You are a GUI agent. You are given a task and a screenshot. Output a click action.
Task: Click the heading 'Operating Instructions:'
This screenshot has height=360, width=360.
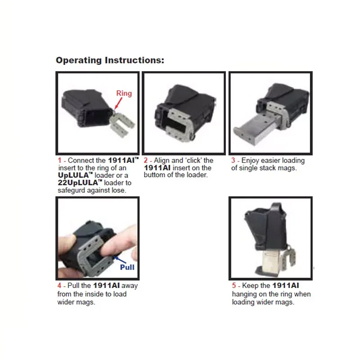click(110, 60)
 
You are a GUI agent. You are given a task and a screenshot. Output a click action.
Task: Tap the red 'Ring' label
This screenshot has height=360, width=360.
click(124, 93)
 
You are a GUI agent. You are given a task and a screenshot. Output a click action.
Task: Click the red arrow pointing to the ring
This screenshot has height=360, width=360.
click(118, 103)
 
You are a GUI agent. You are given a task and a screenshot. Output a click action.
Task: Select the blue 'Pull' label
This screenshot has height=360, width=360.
click(127, 267)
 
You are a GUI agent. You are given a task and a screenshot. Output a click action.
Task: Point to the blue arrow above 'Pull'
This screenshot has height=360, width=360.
click(120, 260)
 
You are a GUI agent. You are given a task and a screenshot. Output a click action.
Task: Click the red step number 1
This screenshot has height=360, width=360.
click(60, 160)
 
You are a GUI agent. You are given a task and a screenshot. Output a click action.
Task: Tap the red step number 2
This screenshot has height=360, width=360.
click(145, 160)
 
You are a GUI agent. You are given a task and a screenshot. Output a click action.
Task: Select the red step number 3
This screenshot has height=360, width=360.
click(233, 160)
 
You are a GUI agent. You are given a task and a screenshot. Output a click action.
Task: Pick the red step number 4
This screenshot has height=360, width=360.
click(59, 285)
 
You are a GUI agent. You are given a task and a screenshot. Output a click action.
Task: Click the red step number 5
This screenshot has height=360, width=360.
click(234, 285)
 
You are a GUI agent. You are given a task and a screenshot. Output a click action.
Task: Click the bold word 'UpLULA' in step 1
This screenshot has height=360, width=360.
click(73, 175)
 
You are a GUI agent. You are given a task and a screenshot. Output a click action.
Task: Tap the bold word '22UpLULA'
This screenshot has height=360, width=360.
click(78, 183)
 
